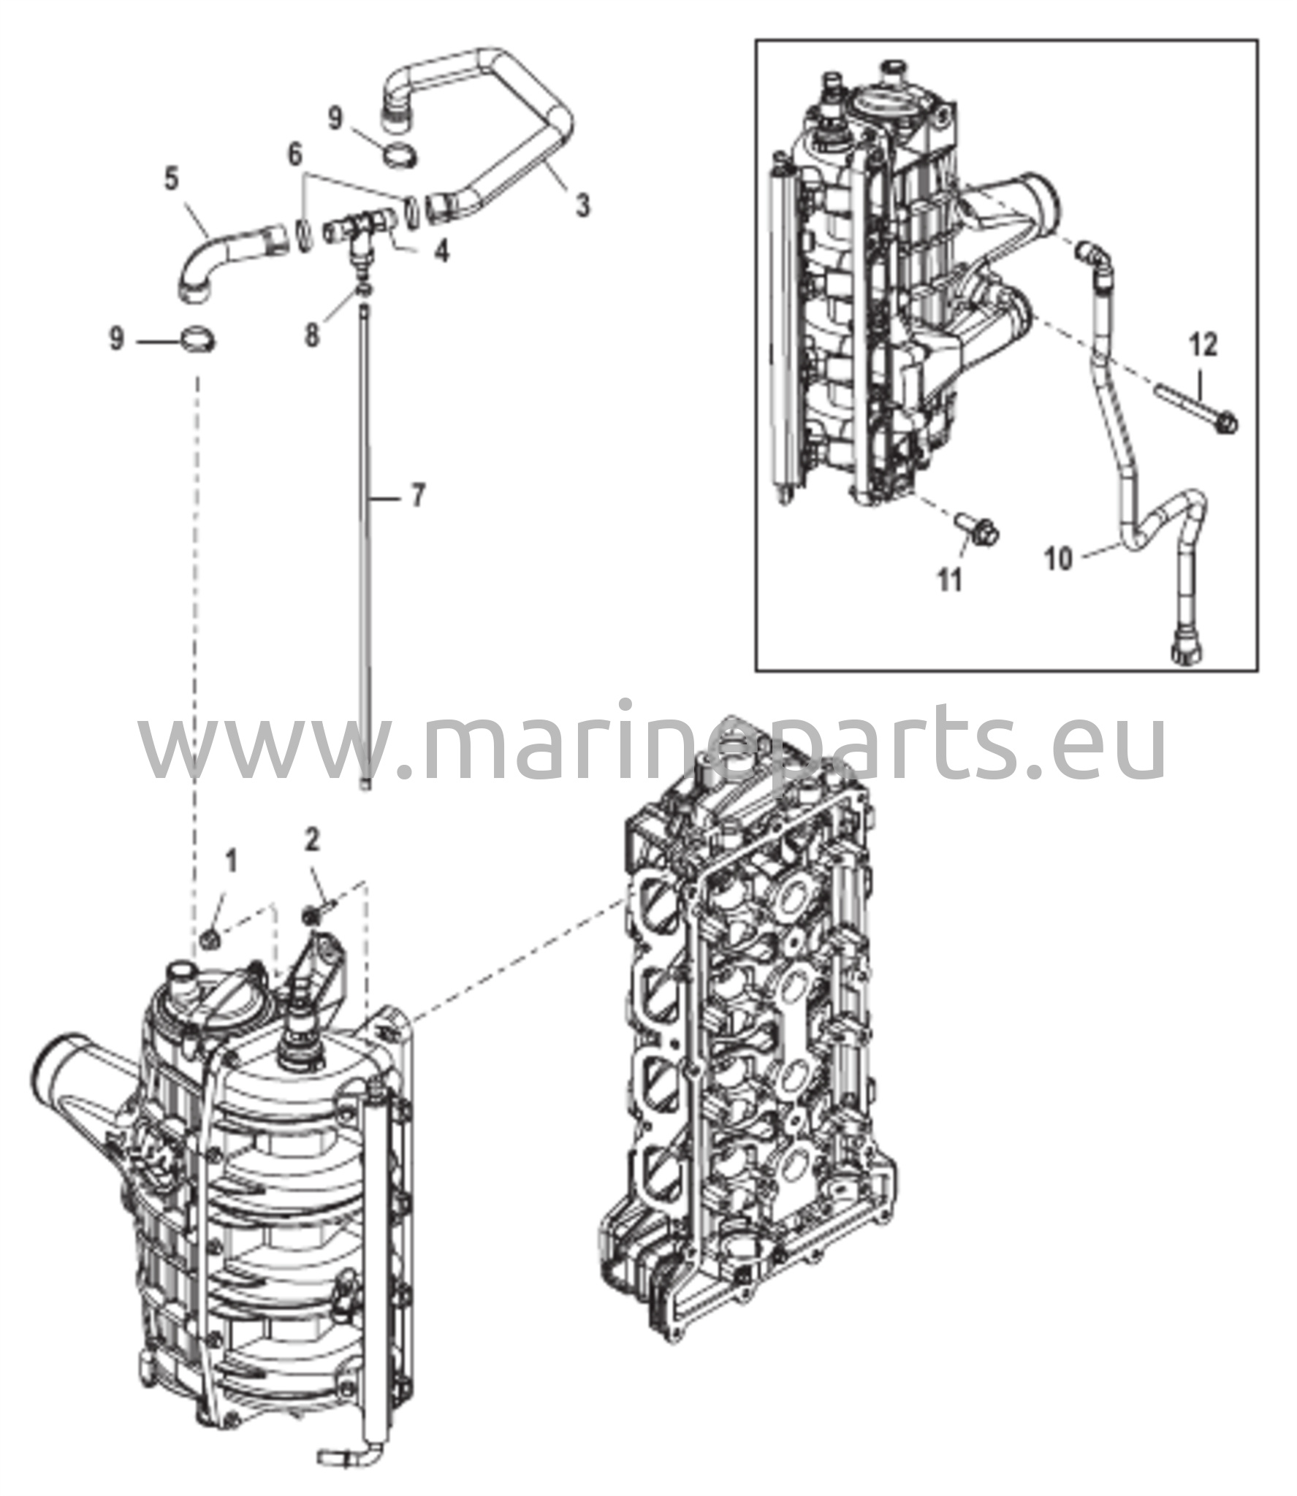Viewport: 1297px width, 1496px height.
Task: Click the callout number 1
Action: [231, 863]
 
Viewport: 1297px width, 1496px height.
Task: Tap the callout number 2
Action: [312, 841]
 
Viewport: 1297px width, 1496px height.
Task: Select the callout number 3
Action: [582, 207]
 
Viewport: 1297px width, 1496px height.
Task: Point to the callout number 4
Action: [441, 251]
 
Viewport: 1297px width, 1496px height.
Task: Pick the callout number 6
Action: [294, 155]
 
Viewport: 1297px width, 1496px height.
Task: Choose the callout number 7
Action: [417, 497]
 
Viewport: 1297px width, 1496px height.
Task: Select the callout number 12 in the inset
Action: [1203, 346]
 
